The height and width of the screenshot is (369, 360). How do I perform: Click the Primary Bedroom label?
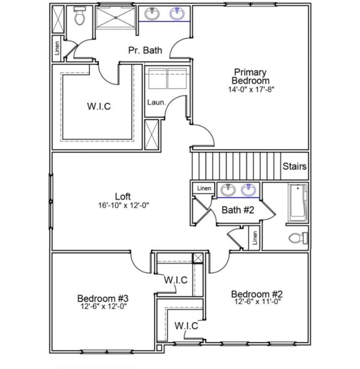250,76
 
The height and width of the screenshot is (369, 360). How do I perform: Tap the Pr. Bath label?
145,50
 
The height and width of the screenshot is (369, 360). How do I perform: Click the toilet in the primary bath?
80,18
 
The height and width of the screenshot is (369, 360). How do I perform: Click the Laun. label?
156,102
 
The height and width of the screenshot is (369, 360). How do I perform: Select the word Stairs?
294,167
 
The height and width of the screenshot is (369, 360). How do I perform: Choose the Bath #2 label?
238,210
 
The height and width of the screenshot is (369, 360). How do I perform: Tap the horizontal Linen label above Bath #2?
204,188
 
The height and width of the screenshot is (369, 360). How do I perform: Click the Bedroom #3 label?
99,298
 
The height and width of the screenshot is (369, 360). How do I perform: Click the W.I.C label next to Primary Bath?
99,107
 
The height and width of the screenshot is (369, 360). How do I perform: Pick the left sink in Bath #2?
228,189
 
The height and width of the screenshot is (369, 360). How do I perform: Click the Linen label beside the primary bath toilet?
57,50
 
